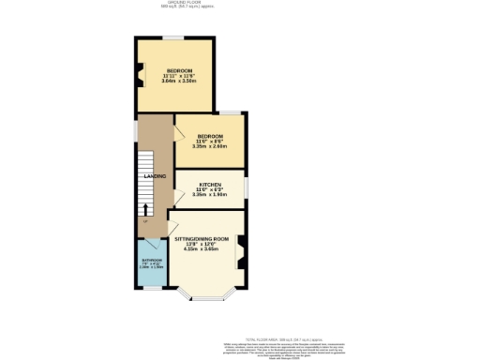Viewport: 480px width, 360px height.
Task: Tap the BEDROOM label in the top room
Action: click(x=180, y=71)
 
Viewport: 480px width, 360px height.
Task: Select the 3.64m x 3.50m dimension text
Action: click(x=180, y=82)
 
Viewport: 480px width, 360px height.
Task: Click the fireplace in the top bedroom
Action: click(x=141, y=73)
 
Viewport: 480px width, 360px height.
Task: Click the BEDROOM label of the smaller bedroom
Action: click(x=210, y=137)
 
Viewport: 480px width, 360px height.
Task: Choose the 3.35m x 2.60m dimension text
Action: click(x=210, y=146)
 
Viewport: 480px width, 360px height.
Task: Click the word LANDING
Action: click(x=155, y=175)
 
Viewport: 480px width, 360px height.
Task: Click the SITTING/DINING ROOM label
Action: click(x=202, y=239)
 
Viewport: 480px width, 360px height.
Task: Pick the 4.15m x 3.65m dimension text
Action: click(x=202, y=249)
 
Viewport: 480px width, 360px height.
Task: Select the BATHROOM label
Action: click(x=151, y=260)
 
